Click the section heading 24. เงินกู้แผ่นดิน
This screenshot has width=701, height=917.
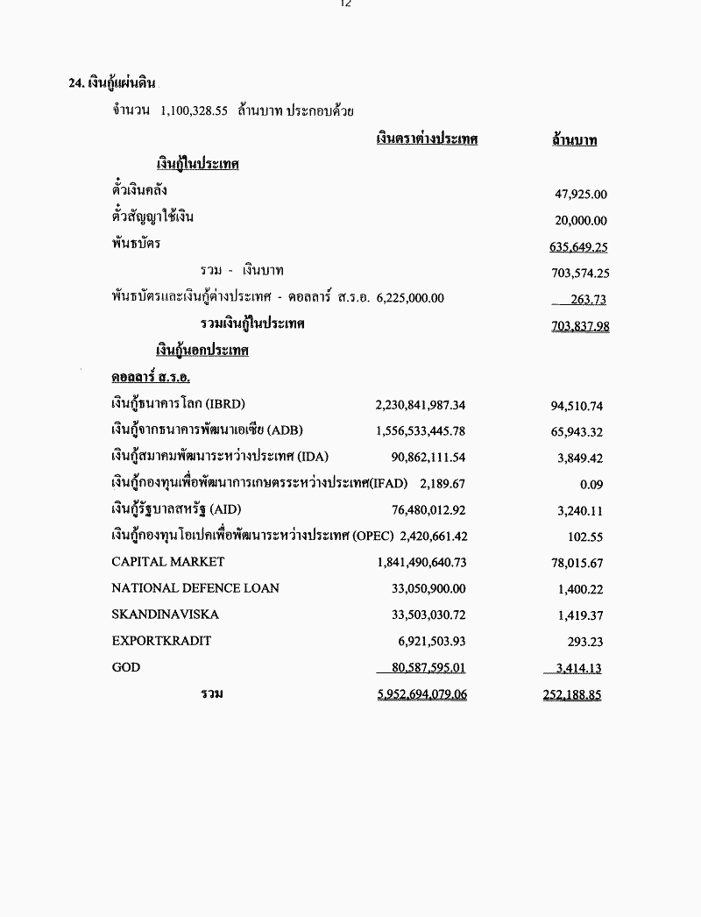click(112, 83)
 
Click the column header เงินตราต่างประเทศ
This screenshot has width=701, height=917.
click(427, 139)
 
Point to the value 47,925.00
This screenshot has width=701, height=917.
click(581, 195)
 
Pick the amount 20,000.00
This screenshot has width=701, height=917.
click(581, 221)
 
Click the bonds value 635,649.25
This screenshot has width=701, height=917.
click(578, 247)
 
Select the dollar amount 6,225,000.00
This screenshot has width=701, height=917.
click(410, 298)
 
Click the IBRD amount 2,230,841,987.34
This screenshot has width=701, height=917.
click(420, 405)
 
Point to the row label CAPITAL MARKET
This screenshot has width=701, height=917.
click(168, 562)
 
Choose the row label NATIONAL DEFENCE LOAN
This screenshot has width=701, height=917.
click(195, 588)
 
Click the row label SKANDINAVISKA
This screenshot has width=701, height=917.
click(166, 615)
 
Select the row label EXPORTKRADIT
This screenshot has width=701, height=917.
click(161, 641)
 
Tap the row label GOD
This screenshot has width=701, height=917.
click(126, 667)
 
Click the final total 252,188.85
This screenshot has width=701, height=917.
click(571, 694)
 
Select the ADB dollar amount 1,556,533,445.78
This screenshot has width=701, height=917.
click(420, 431)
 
